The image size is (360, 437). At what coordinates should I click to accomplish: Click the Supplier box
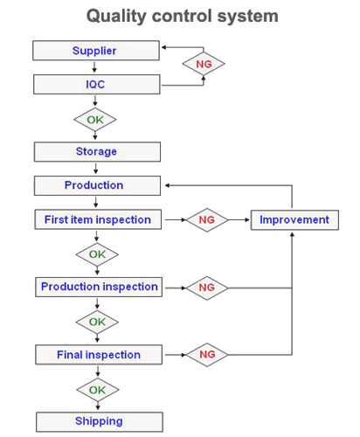(x=96, y=51)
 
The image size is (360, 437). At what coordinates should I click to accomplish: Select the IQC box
(x=96, y=85)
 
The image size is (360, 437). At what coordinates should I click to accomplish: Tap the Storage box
(x=97, y=152)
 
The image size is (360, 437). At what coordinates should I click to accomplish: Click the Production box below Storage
(x=97, y=185)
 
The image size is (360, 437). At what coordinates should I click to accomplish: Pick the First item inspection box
(x=98, y=219)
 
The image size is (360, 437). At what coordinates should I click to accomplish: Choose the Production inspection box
(x=99, y=287)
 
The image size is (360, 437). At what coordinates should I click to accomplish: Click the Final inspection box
(x=99, y=355)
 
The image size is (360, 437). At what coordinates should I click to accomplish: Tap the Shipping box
(x=100, y=422)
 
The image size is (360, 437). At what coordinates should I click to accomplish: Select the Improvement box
(x=294, y=220)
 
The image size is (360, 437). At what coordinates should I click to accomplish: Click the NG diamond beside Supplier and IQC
(x=204, y=64)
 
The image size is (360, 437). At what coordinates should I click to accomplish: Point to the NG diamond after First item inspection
(x=207, y=220)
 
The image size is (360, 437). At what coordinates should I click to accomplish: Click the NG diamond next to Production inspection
(x=207, y=288)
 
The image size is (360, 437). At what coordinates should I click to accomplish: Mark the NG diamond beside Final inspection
(x=207, y=355)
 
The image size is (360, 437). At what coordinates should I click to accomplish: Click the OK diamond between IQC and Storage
(x=95, y=120)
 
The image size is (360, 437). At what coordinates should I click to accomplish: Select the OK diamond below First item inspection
(x=97, y=254)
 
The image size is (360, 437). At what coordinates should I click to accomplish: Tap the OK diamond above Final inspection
(x=97, y=322)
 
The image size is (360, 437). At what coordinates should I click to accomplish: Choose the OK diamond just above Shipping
(x=98, y=390)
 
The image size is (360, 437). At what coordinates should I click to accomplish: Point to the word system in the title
(x=248, y=17)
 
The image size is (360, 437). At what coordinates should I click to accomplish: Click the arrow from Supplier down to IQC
(x=94, y=66)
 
